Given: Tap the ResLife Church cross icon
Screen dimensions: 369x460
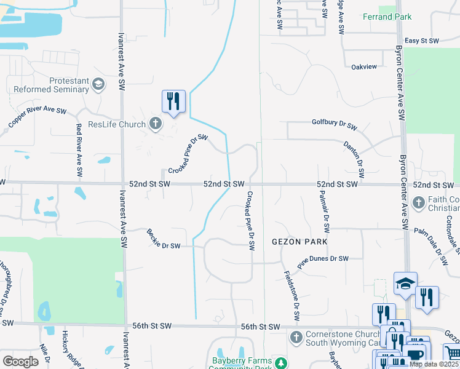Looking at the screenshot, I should coord(156,124).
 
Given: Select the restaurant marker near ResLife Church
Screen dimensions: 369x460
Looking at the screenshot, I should coord(173,101).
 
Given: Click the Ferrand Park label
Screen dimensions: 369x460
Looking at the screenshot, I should coord(387,17).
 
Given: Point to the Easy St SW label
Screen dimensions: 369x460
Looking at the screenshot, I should coord(421,41).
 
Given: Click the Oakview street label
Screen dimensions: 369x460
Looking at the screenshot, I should coord(363,66).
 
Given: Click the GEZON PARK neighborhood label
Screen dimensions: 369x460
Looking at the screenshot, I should coord(299,242).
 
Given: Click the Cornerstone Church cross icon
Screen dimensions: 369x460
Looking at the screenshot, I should coord(296,337).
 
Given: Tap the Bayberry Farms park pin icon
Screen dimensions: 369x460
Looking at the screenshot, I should coord(280,363).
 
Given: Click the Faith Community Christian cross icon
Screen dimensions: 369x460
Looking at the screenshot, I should coord(418,202).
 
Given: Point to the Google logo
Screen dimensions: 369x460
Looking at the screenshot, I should coord(20,362).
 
